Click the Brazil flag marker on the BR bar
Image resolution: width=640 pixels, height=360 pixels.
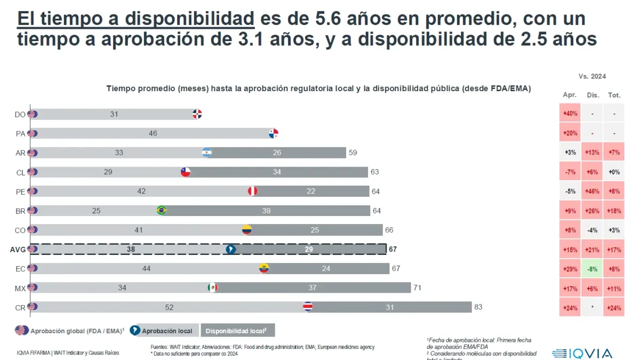(x=161, y=210)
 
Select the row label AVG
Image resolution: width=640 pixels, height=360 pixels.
(x=18, y=249)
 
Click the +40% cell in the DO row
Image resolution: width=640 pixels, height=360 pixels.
(x=569, y=114)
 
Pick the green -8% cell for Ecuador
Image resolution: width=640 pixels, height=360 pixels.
(x=591, y=269)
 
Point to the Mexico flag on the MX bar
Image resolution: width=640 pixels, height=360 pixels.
(x=212, y=288)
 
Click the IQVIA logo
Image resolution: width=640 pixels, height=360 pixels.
(x=582, y=353)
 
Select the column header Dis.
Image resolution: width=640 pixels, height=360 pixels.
(x=593, y=95)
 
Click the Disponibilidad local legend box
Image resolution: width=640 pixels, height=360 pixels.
(x=237, y=331)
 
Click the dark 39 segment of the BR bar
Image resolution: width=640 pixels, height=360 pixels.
(x=267, y=211)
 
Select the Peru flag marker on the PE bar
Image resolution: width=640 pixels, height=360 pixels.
(x=253, y=191)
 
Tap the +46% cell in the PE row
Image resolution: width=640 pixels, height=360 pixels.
(x=591, y=191)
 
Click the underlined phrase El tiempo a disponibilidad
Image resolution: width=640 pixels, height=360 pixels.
(x=135, y=19)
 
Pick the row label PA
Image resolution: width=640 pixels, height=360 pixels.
(x=20, y=133)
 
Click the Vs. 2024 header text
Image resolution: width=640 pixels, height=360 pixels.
(x=592, y=76)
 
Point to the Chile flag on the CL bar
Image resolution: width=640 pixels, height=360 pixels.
(x=185, y=172)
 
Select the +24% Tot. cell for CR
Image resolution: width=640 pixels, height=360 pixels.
(x=614, y=308)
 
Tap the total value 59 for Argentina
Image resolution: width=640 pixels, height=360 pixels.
(x=353, y=153)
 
